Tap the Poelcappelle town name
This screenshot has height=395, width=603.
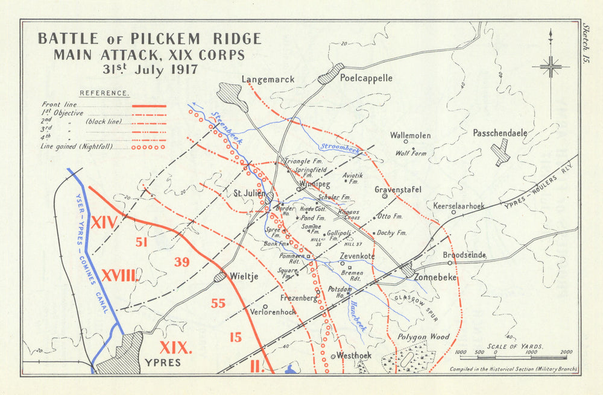coord(366,78)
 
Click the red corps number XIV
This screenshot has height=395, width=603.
coord(104,223)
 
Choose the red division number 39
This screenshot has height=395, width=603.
coord(182,262)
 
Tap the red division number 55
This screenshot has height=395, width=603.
coord(218,303)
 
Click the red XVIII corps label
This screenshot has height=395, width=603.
coord(120,276)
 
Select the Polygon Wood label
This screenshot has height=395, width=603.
coord(423,337)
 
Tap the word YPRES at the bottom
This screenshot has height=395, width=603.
coord(162,363)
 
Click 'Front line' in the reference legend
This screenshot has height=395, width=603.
coord(55,105)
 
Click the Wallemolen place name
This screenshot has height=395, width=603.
coord(410,135)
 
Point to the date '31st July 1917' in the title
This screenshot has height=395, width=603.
coord(150,68)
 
